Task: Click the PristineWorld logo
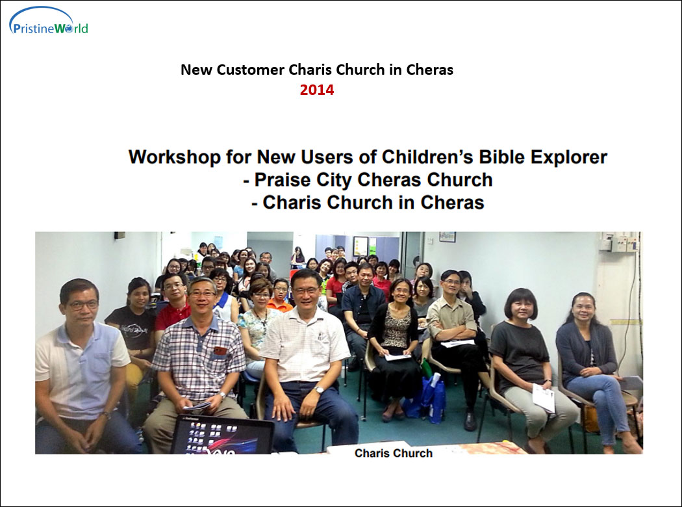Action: [49, 21]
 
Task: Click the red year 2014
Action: [317, 90]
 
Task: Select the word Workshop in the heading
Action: [175, 157]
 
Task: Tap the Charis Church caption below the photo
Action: [394, 453]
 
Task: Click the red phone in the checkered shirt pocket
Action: [220, 351]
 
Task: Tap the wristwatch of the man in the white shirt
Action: [320, 390]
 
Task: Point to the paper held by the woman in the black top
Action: [544, 397]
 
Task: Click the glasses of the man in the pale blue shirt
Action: [82, 305]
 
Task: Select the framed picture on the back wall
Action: [360, 246]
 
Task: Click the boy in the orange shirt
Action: [280, 296]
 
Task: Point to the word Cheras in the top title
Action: [430, 70]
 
